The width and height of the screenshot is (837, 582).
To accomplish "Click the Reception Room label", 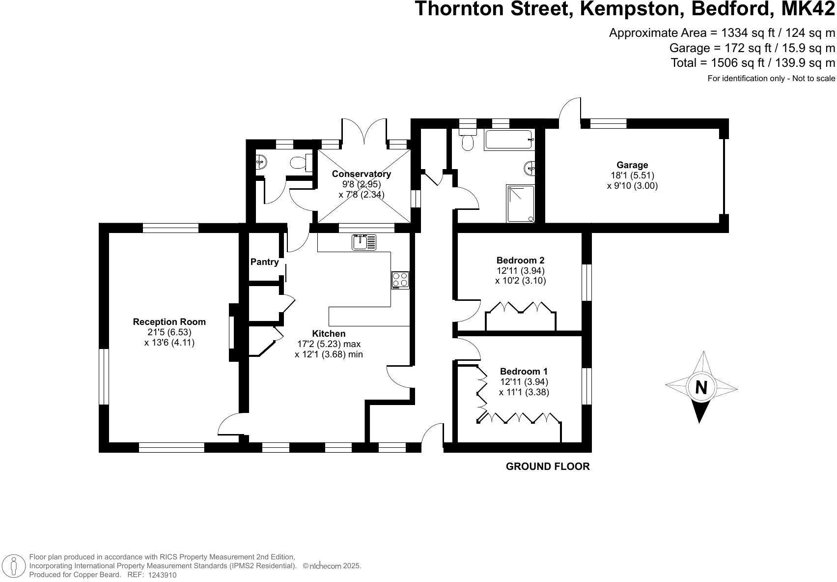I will pyautogui.click(x=169, y=322).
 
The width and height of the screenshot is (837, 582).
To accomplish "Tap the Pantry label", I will pyautogui.click(x=264, y=262).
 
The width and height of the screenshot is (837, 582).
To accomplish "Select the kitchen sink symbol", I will pyautogui.click(x=363, y=242).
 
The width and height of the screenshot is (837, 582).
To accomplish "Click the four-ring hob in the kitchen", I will pyautogui.click(x=400, y=280).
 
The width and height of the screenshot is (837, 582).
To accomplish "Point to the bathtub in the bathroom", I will pyautogui.click(x=509, y=140).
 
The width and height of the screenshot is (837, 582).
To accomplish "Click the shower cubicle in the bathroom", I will pyautogui.click(x=520, y=204).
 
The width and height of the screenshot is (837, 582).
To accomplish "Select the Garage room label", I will pyautogui.click(x=632, y=165).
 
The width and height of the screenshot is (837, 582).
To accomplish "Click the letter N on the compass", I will pyautogui.click(x=701, y=388).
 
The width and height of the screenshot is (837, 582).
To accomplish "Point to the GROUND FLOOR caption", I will pyautogui.click(x=547, y=466).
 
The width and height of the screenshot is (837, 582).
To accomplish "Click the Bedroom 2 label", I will pyautogui.click(x=520, y=261).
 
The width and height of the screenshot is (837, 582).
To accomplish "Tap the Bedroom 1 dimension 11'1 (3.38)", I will pyautogui.click(x=524, y=392).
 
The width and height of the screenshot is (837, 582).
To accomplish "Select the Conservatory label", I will pyautogui.click(x=361, y=174).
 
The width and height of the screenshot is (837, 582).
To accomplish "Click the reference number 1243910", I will pyautogui.click(x=162, y=575).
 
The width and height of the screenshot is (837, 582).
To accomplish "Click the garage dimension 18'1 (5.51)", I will pyautogui.click(x=632, y=175).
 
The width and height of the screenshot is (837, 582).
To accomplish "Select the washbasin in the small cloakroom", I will pyautogui.click(x=261, y=161).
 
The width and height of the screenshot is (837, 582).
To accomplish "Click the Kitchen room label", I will pyautogui.click(x=329, y=334).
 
